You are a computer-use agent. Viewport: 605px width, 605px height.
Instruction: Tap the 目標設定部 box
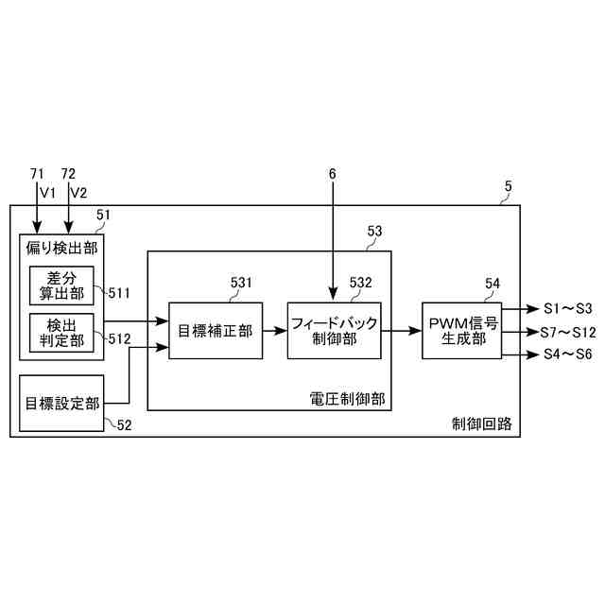[x=61, y=402]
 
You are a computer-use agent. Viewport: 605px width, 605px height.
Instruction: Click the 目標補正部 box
[x=216, y=331]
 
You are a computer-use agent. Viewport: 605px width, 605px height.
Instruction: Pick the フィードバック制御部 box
[x=333, y=331]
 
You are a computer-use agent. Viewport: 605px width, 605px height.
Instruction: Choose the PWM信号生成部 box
[x=461, y=331]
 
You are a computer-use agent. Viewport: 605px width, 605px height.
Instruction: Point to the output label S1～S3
[x=568, y=308]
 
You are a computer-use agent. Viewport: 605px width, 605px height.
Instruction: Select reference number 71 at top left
[x=37, y=174]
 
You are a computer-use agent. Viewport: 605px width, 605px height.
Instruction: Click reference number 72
[x=68, y=174]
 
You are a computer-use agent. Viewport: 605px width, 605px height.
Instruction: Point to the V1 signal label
[x=48, y=192]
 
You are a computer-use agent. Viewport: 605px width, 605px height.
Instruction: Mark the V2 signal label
[x=78, y=192]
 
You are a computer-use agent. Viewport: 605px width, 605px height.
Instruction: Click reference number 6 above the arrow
[x=333, y=174]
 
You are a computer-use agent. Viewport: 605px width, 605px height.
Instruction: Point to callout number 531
[x=243, y=282]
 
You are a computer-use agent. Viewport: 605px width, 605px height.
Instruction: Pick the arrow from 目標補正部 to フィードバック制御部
[x=275, y=331]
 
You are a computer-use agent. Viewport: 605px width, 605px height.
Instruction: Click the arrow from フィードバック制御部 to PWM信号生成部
[x=401, y=331]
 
